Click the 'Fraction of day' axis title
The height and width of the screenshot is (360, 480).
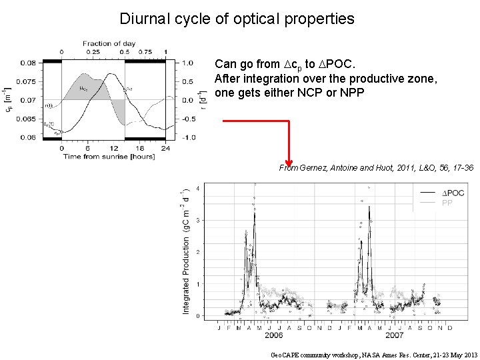[x=109, y=43]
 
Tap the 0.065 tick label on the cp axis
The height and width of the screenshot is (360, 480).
[x=28, y=119]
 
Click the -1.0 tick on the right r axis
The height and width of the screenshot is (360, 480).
[x=188, y=137]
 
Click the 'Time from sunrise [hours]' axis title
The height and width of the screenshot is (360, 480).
[x=109, y=157]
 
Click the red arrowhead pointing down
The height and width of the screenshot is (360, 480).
[x=289, y=163]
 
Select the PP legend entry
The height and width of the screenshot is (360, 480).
[x=447, y=203]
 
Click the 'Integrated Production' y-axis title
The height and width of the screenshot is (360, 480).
[x=186, y=252]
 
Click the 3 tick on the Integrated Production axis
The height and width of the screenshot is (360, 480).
[x=198, y=220]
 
